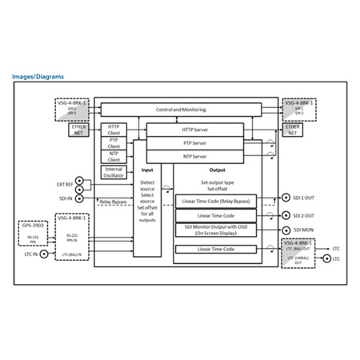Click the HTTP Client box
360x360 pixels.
click(x=113, y=128)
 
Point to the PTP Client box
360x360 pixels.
click(x=113, y=142)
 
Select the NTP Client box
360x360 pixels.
click(x=113, y=155)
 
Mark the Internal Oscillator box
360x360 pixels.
click(x=113, y=172)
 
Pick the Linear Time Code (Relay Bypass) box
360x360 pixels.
click(x=214, y=200)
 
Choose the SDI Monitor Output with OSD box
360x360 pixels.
click(x=214, y=230)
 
